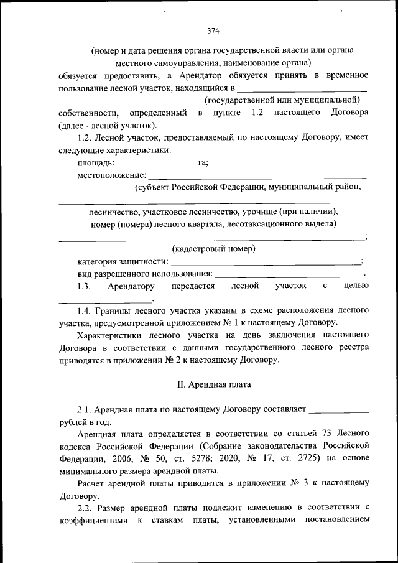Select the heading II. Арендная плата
tap(214, 384)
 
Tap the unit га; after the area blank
tap(203, 163)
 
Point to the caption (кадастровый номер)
tap(214, 249)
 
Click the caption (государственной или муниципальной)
tap(283, 100)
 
